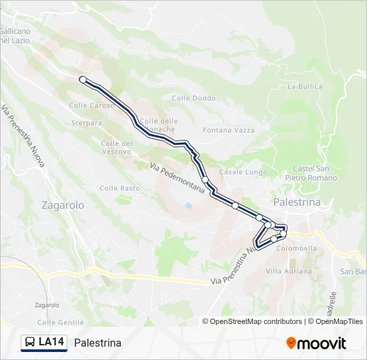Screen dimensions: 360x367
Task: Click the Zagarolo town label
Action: pos(63,205)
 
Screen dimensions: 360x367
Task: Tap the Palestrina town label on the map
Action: pos(297,202)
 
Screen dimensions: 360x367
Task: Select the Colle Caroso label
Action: pos(92,105)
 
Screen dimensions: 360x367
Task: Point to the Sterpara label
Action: pos(87,123)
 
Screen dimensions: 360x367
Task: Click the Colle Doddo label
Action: pos(194,98)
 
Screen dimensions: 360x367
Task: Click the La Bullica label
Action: pos(304,86)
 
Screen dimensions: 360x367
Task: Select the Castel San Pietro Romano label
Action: pos(315,173)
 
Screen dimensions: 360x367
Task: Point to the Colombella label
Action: pos(299,248)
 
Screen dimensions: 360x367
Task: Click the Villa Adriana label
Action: pos(289,271)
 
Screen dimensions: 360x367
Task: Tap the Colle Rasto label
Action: pos(120,188)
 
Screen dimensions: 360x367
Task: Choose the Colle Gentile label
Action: pos(61,322)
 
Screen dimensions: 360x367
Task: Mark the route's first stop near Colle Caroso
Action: pos(83,79)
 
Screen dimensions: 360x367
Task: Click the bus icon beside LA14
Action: pos(30,343)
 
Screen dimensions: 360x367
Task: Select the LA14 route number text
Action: pos(51,343)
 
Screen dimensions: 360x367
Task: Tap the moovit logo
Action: pos(316,343)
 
